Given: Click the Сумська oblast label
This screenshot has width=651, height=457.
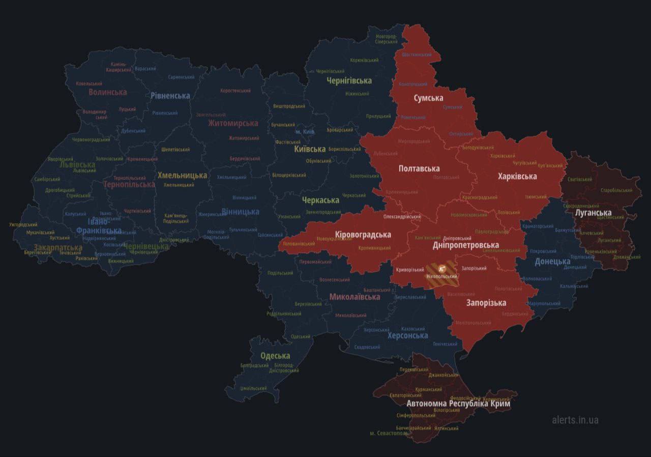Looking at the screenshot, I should click(428, 98).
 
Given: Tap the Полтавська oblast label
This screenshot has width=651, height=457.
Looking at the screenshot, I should click(419, 168).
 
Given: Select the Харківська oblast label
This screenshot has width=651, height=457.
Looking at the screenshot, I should click(517, 176).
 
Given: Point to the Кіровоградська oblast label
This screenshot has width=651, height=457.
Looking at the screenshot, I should click(363, 235).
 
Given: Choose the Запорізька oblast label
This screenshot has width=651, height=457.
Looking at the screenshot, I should click(486, 303).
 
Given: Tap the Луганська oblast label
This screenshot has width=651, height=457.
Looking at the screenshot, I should click(593, 213).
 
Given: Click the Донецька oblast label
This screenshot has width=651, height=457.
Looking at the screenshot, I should click(552, 262).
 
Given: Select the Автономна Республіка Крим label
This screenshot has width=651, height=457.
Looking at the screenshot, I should click(458, 403).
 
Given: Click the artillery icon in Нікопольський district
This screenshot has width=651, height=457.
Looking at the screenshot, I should click(441, 268).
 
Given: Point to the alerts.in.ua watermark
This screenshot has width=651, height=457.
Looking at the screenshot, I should click(575, 420).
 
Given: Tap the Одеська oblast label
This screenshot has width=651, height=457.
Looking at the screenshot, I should click(275, 356).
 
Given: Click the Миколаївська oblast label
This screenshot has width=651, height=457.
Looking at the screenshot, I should click(354, 297).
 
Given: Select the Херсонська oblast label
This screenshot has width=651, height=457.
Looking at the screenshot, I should click(407, 335).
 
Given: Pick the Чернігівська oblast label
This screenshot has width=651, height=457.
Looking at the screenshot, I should click(349, 80).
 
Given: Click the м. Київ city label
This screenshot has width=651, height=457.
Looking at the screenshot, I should click(305, 131).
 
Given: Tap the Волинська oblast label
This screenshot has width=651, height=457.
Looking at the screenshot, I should click(107, 92).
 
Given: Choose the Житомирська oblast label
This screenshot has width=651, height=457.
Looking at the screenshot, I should click(233, 123).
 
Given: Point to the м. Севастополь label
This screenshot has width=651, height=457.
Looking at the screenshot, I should click(389, 433).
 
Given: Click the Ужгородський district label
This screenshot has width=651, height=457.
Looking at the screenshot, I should click(23, 224).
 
